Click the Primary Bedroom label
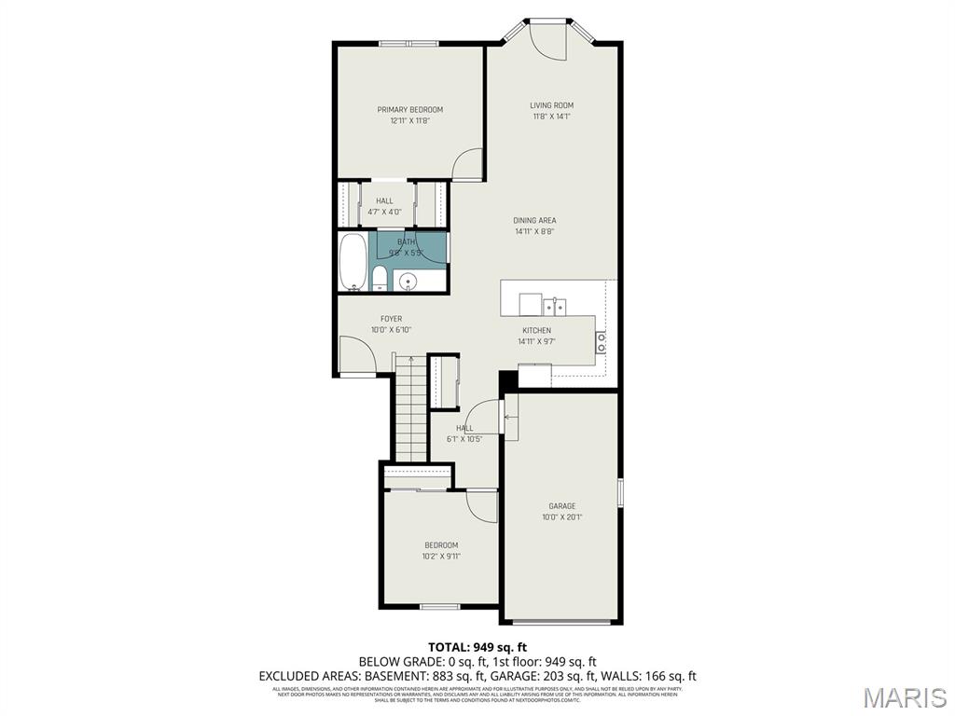point(409,109)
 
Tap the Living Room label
point(551,105)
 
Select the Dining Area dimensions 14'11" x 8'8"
point(534,231)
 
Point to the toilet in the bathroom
point(380,278)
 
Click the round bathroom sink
point(408,281)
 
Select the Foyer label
point(391,319)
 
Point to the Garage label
point(561,506)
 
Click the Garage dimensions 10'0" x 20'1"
point(561,517)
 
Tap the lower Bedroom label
point(441,545)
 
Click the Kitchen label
point(536,330)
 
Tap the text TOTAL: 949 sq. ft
point(477,647)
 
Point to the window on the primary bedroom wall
point(409,43)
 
